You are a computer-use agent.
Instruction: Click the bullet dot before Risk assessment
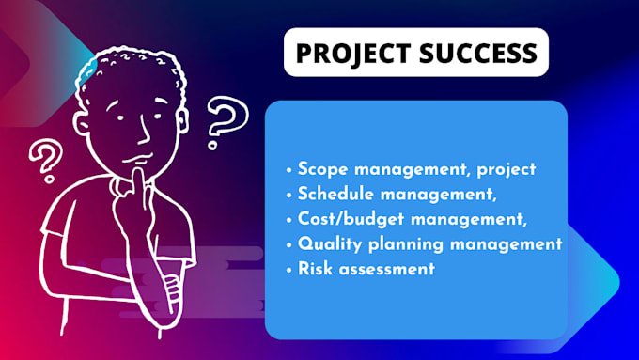pyautogui.click(x=289, y=269)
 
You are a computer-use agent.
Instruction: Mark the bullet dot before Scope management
pyautogui.click(x=289, y=171)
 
